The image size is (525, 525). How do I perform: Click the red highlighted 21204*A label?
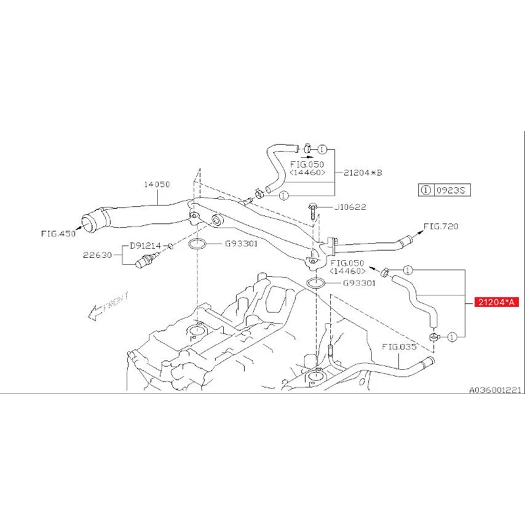497,303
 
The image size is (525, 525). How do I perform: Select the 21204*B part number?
362,173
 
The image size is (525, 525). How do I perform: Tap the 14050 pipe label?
157,184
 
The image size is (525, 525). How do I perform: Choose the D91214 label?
145,245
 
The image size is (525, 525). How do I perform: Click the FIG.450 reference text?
57,234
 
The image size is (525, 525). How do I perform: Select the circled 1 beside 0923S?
427,190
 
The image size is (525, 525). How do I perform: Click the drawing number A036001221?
494,389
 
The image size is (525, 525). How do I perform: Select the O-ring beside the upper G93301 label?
199,245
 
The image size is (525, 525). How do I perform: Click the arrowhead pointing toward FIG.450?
81,228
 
